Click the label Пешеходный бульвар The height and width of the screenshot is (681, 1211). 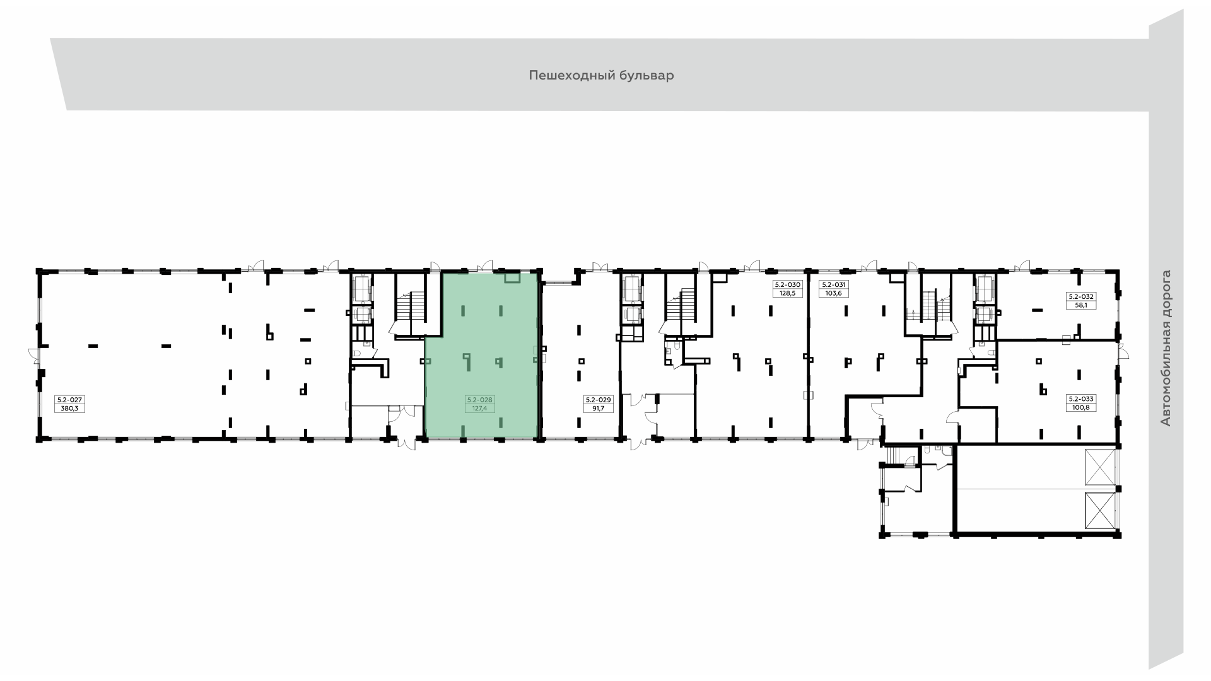click(x=601, y=76)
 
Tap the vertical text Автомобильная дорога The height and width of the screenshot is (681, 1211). click(x=1166, y=348)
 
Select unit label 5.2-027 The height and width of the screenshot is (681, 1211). click(x=70, y=400)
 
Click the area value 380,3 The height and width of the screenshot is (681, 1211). click(x=70, y=408)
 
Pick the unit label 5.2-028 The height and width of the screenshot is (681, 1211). click(x=480, y=400)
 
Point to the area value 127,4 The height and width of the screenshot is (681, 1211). click(x=480, y=408)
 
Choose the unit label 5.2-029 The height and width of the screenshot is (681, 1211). click(x=598, y=400)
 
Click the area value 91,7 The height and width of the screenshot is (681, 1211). click(x=598, y=408)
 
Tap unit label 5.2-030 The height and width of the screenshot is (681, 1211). click(x=788, y=285)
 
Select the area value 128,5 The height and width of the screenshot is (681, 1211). click(x=788, y=293)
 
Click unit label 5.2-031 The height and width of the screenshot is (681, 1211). click(x=833, y=285)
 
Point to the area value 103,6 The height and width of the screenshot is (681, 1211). click(x=833, y=293)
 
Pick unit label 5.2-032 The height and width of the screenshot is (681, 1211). click(x=1081, y=296)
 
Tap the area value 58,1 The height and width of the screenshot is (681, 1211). click(x=1081, y=305)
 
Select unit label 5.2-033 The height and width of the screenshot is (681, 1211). click(x=1081, y=399)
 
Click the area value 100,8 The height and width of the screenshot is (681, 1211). click(x=1081, y=407)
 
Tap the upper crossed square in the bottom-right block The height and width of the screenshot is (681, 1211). click(x=1100, y=468)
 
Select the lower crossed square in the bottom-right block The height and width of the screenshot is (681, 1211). click(x=1100, y=511)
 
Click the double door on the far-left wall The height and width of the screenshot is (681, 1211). click(x=34, y=357)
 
